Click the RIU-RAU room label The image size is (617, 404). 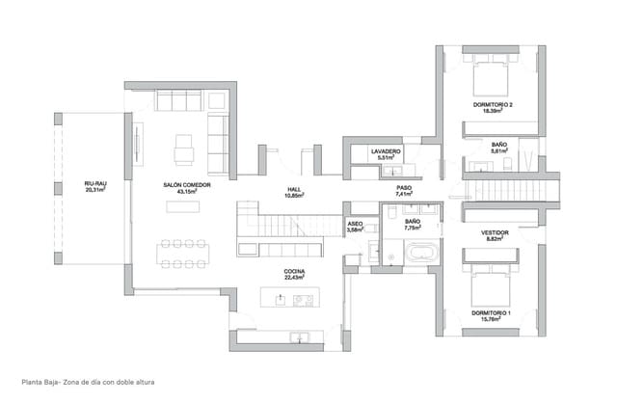pyautogui.click(x=94, y=183)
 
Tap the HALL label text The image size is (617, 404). pyautogui.click(x=294, y=189)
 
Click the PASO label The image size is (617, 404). pyautogui.click(x=404, y=189)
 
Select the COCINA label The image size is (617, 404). pyautogui.click(x=294, y=272)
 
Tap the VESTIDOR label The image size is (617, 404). pyautogui.click(x=495, y=232)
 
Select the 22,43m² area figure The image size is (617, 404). pyautogui.click(x=294, y=280)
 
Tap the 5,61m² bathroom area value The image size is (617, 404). pyautogui.click(x=499, y=151)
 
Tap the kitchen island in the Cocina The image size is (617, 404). pyautogui.click(x=289, y=299)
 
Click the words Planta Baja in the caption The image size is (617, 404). pyautogui.click(x=29, y=382)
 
